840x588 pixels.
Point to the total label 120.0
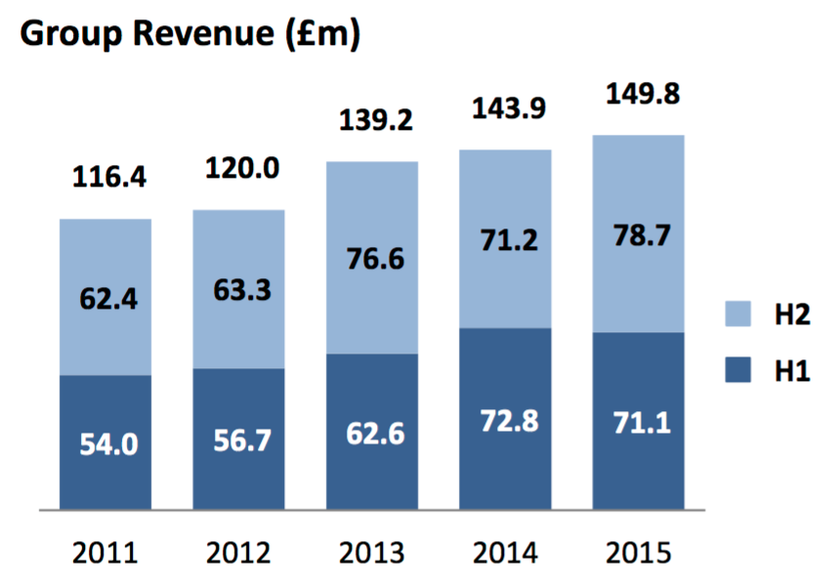(241, 168)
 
